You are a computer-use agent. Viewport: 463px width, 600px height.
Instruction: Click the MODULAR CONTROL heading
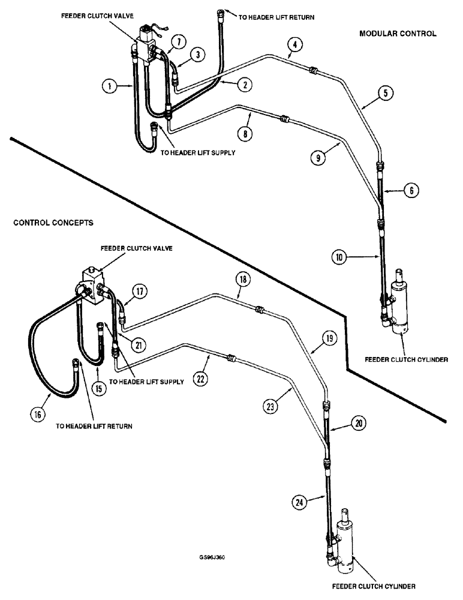point(397,34)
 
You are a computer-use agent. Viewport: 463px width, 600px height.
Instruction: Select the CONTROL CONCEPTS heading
point(53,222)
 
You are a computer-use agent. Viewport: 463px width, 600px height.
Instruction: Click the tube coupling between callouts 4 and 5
point(312,71)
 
